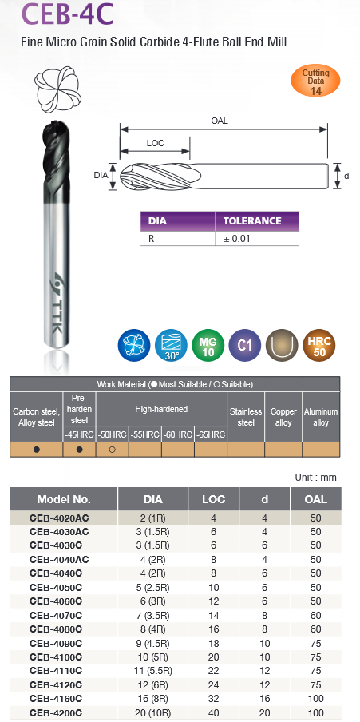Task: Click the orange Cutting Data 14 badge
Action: (x=315, y=81)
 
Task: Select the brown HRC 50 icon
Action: (x=319, y=345)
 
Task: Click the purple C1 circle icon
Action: (x=244, y=345)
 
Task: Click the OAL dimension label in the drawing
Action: (x=220, y=121)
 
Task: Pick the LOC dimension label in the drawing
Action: (x=155, y=143)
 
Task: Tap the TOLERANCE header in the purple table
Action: (x=252, y=221)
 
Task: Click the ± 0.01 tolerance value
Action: (x=237, y=239)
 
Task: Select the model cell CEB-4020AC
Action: (x=59, y=518)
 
